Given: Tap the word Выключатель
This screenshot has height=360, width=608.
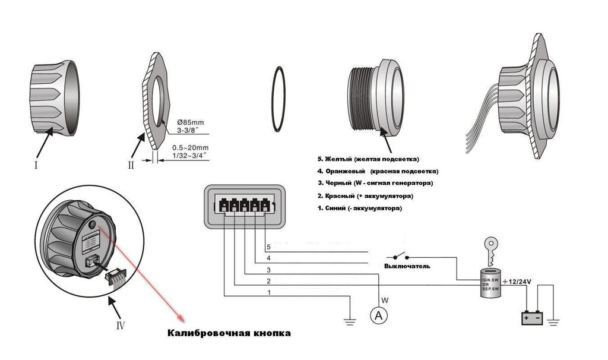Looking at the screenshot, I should pos(407,267).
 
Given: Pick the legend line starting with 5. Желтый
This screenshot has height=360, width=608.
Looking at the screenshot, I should pos(368,159).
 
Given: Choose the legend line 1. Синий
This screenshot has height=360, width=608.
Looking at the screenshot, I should pos(359,209).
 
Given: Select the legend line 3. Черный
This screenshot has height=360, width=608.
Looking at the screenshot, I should pos(375,184).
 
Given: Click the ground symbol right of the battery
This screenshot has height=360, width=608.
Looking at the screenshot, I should pos(554,322).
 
